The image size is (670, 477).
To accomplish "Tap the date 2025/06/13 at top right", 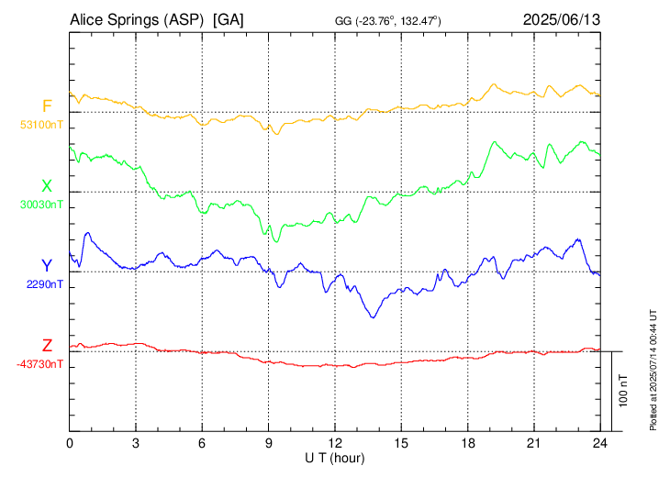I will point(562,19).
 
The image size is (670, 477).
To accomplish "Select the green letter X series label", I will point(47,187).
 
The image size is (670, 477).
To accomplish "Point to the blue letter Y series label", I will point(47,266).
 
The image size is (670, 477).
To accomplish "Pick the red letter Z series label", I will point(47,346).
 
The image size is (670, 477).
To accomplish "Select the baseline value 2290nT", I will point(45,284).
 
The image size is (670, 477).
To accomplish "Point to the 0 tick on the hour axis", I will point(70,442).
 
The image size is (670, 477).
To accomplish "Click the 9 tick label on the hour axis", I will point(269,442).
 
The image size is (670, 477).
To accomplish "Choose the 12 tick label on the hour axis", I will point(335,442).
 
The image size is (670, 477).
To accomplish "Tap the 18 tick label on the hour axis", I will point(468,442).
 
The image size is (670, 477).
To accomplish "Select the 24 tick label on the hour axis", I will point(600,442).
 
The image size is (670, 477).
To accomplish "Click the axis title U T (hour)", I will point(335,457).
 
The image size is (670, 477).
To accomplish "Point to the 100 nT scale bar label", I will point(624,391).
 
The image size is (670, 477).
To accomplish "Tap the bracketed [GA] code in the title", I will point(228,19).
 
